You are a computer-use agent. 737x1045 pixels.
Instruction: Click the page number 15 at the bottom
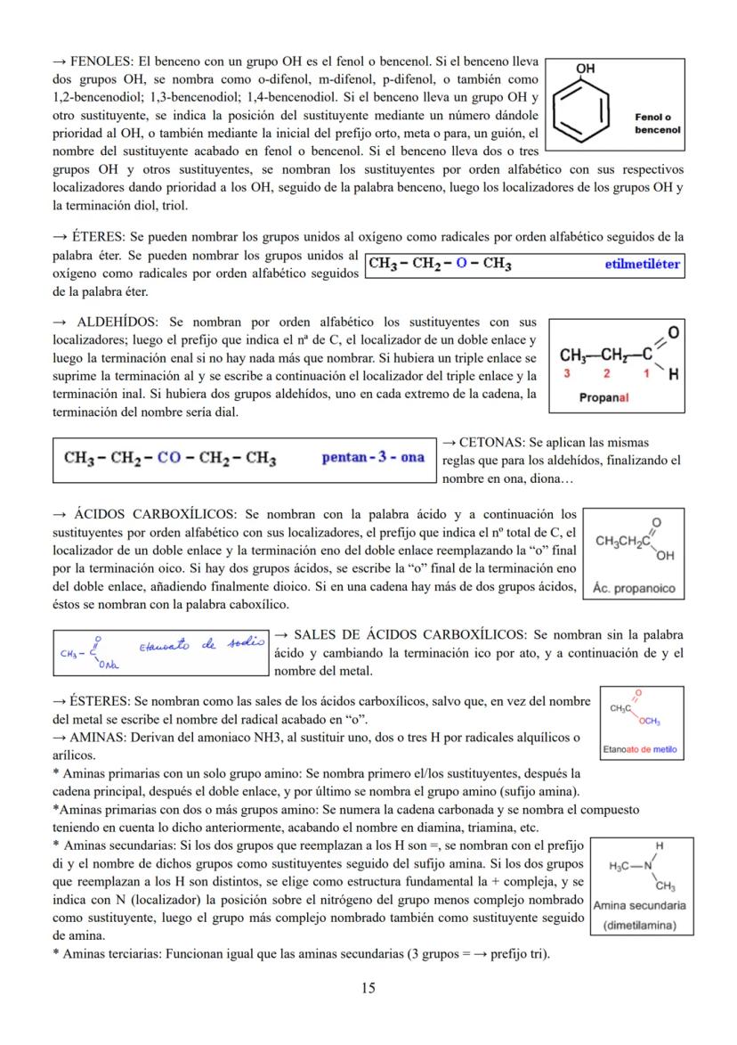pos(368,987)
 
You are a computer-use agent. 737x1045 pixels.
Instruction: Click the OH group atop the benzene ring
pos(586,69)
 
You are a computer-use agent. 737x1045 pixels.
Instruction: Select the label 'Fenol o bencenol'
pos(657,123)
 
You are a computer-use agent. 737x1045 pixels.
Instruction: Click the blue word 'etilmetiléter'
pos(641,265)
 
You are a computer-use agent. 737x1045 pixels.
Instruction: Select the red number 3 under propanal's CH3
pos(565,374)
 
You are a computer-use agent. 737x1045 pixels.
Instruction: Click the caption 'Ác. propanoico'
pos(634,588)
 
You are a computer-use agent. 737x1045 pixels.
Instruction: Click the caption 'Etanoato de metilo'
pos(639,749)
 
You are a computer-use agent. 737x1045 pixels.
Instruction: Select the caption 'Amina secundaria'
pos(639,905)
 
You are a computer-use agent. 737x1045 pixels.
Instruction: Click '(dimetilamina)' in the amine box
pos(639,925)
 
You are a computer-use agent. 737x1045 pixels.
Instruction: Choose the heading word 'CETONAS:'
pos(494,443)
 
